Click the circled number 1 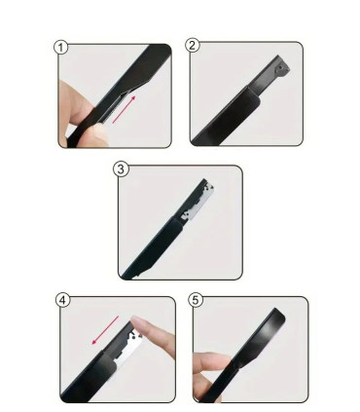point(60,48)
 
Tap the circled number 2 point(193,45)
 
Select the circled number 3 point(121,169)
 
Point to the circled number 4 point(63,300)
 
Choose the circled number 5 point(196,300)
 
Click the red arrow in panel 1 point(124,109)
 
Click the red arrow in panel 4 point(105,330)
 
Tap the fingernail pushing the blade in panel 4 point(138,323)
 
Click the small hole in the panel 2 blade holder point(279,68)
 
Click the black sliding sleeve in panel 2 point(227,116)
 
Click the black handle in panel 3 point(152,247)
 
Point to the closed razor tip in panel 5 point(275,320)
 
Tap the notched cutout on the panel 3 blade point(186,214)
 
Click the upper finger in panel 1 point(74,100)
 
